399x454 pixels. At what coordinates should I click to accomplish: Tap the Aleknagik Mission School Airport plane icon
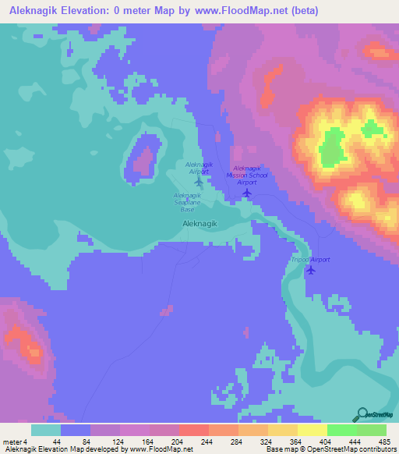247,192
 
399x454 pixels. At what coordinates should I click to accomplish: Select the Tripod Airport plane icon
312,270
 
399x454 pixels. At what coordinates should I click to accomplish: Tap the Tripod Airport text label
311,259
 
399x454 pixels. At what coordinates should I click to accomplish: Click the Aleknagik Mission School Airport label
247,175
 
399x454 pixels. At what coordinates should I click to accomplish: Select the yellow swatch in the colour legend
312,431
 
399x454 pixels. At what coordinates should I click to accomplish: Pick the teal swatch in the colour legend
46,431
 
